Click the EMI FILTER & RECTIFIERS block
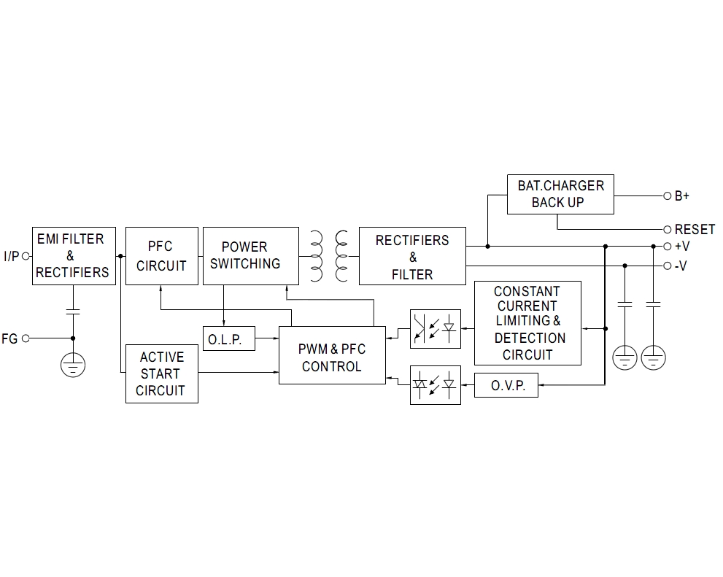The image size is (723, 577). point(74,255)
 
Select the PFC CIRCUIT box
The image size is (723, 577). point(161,255)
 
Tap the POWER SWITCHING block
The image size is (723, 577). point(250,255)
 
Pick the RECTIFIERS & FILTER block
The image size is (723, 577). point(412,256)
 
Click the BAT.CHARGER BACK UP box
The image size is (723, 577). point(560,194)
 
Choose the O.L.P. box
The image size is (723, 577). point(229,338)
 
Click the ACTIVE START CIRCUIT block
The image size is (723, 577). point(161,373)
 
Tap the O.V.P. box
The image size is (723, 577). point(506,385)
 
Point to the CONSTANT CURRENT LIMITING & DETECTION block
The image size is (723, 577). point(527,323)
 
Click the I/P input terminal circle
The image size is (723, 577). point(26,256)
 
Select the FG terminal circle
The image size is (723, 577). point(26,338)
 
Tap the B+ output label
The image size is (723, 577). point(681,196)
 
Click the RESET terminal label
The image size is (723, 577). point(695,229)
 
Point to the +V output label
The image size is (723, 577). point(681,247)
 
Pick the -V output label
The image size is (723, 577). point(681,266)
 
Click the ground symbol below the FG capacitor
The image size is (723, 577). point(73,365)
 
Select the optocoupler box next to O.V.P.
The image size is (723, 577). point(436,384)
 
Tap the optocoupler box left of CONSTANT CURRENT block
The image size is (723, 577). point(436,328)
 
